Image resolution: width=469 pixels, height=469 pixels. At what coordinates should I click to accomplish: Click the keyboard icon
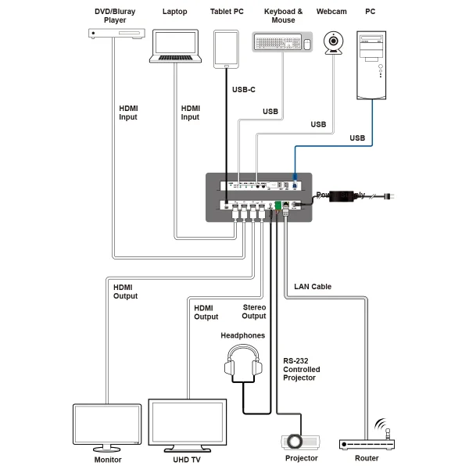point(276,42)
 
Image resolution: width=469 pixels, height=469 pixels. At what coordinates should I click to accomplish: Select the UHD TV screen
point(187,423)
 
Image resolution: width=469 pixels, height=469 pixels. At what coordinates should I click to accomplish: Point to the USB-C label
point(244,90)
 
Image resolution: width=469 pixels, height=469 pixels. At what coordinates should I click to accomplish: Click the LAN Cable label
point(313,287)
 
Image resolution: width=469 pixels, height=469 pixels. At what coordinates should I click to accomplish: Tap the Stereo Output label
point(254,312)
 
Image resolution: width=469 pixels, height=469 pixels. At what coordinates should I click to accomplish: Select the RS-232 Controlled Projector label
point(302,369)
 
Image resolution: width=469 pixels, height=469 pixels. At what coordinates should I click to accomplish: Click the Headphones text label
point(242,335)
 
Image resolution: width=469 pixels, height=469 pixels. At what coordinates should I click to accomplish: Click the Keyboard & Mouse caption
point(283,16)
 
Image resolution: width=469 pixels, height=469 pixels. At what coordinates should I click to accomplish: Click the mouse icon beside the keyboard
point(307,45)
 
